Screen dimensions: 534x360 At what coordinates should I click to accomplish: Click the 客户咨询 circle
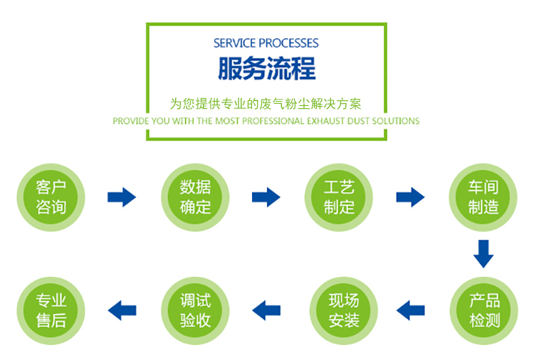point(51,197)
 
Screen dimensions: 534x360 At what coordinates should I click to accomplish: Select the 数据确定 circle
point(195,197)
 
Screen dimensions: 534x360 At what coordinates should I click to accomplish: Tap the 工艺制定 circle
point(339,197)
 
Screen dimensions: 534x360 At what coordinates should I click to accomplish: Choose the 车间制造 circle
point(483,197)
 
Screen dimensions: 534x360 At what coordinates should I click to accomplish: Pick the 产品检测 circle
point(484,311)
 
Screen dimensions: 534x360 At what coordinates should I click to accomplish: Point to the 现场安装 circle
point(344,311)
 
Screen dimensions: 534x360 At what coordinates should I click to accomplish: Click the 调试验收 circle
point(195,311)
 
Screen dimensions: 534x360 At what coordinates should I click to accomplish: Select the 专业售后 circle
point(51,311)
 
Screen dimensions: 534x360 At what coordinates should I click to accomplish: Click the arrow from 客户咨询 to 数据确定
point(122,197)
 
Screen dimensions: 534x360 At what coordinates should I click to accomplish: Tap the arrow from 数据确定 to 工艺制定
point(266,197)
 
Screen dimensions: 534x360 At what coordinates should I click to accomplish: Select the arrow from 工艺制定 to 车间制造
point(410,197)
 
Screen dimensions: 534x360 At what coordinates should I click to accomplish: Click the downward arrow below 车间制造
point(483,254)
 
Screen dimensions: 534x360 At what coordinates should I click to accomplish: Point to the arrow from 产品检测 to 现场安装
point(411,310)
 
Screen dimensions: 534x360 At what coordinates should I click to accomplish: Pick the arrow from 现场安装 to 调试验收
point(266,310)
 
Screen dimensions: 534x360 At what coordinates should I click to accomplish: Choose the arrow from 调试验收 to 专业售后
point(122,310)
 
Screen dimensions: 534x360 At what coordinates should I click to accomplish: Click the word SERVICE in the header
point(234,43)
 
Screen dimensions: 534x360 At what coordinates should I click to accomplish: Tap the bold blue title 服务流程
point(267,68)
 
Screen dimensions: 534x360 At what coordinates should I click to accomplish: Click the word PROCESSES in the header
point(288,43)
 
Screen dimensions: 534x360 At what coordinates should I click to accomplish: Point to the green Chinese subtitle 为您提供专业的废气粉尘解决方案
point(266,104)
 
